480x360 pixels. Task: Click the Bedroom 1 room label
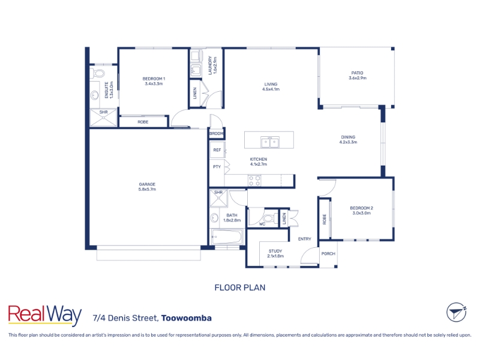[x=154, y=81]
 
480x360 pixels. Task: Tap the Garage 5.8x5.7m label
[x=147, y=187]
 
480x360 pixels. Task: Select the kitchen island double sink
[x=269, y=142]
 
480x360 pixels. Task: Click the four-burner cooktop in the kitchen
[x=254, y=181]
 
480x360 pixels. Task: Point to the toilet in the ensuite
[x=97, y=73]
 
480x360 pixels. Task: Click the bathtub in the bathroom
[x=227, y=236]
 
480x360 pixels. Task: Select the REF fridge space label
[x=217, y=150]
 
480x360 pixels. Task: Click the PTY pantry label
[x=217, y=167]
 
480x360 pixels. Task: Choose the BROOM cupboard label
[x=217, y=133]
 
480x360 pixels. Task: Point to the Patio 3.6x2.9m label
[x=357, y=76]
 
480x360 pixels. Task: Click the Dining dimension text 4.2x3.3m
[x=348, y=142]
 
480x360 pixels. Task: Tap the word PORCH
[x=328, y=254]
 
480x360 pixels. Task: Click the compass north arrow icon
[x=456, y=312]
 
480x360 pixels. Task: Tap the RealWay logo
[x=44, y=316]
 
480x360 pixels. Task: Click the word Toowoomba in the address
[x=187, y=318]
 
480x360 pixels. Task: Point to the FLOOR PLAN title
[x=240, y=288]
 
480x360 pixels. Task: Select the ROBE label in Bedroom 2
[x=325, y=219]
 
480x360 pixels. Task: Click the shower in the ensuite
[x=103, y=118]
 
